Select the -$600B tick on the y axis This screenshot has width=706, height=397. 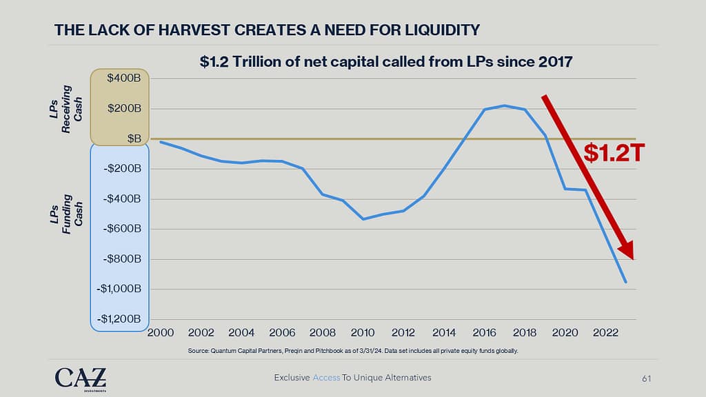[122, 229]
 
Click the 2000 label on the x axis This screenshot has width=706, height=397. [161, 334]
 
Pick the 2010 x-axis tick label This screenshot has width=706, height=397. [363, 334]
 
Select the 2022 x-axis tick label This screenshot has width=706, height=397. [605, 334]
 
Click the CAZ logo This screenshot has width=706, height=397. [81, 379]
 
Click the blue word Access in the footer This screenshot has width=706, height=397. [327, 378]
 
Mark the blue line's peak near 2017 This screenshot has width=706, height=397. [505, 105]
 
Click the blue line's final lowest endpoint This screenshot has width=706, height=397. [626, 282]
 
